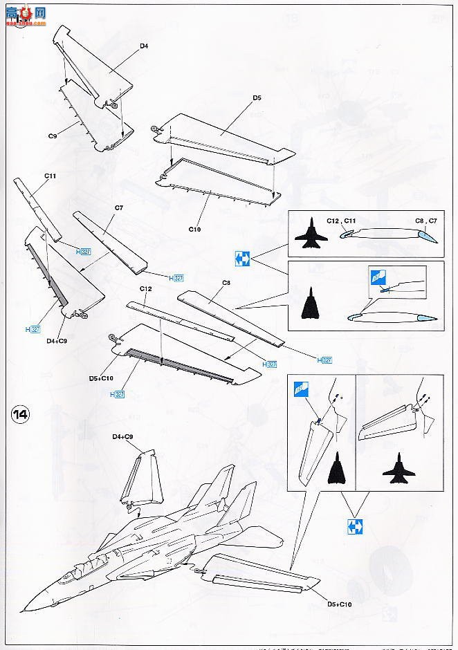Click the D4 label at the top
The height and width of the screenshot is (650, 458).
pyautogui.click(x=144, y=46)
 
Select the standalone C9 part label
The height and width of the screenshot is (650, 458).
pyautogui.click(x=52, y=136)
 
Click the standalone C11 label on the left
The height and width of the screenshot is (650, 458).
pyautogui.click(x=50, y=176)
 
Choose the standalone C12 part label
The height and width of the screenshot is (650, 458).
pyautogui.click(x=145, y=288)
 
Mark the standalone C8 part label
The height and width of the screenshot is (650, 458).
pyautogui.click(x=226, y=282)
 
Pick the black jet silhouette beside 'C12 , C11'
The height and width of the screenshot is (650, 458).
pyautogui.click(x=311, y=237)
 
